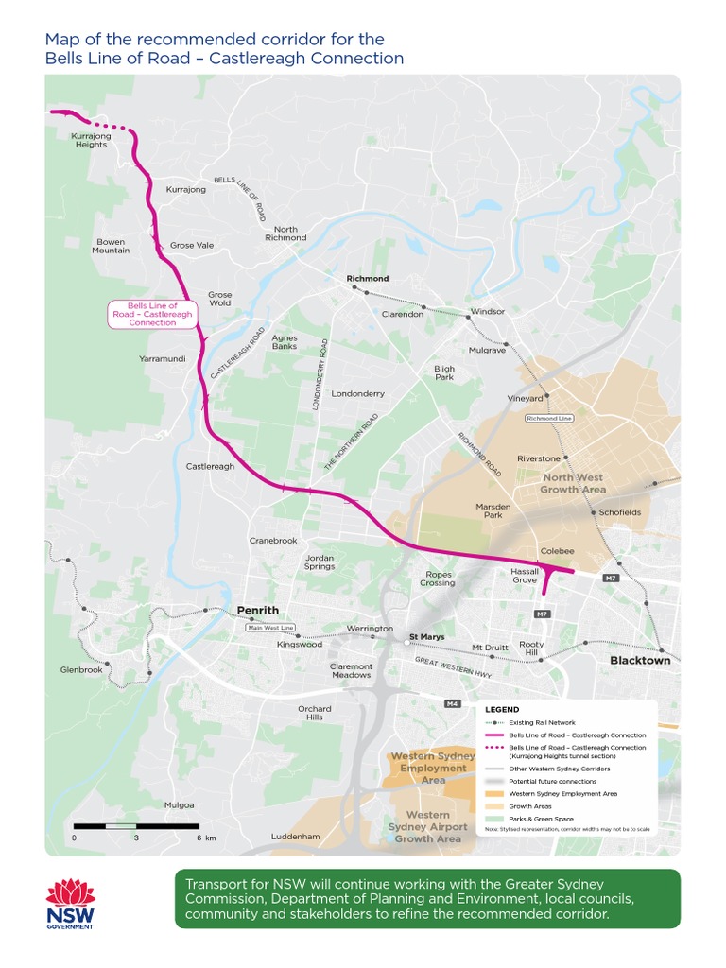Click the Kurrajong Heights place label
(x=91, y=140)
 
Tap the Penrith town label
(x=257, y=611)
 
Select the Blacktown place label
(x=640, y=661)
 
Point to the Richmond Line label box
(x=550, y=418)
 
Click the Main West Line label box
(x=270, y=628)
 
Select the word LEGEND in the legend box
(x=502, y=709)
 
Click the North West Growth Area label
(x=573, y=484)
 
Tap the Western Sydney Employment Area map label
(x=433, y=769)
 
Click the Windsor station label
(x=488, y=311)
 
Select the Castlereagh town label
(x=210, y=466)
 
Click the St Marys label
(x=426, y=637)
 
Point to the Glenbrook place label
(x=80, y=669)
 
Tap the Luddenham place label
(x=295, y=837)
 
